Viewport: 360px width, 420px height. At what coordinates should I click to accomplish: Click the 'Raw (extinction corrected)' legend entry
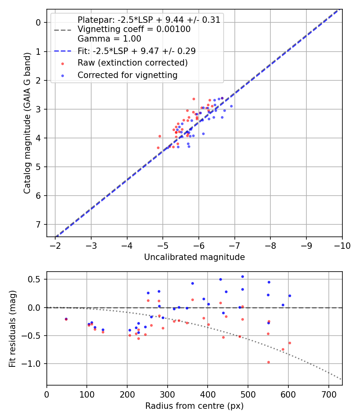click(x=132, y=63)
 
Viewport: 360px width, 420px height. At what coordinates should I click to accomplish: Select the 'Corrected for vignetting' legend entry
click(x=127, y=75)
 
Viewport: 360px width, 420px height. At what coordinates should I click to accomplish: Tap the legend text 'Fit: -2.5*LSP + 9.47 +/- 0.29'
click(x=136, y=51)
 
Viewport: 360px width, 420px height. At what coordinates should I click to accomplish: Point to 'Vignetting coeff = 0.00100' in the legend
click(x=134, y=29)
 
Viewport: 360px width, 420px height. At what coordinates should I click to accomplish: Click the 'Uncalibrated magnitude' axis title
click(x=194, y=257)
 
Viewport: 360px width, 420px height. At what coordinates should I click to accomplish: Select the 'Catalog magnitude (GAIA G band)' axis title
click(x=27, y=123)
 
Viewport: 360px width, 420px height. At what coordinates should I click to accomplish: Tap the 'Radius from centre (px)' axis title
click(x=194, y=406)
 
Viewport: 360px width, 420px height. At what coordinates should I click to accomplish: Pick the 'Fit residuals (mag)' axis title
click(x=12, y=329)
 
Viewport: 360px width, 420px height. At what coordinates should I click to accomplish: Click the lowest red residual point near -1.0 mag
click(x=268, y=362)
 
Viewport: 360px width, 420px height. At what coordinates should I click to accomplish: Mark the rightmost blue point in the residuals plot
click(x=290, y=296)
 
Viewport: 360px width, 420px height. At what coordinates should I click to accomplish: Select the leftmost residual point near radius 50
click(x=66, y=319)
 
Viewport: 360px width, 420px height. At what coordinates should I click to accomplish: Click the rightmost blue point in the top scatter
click(x=231, y=106)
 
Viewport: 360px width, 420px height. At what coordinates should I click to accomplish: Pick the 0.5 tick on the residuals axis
click(x=36, y=279)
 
